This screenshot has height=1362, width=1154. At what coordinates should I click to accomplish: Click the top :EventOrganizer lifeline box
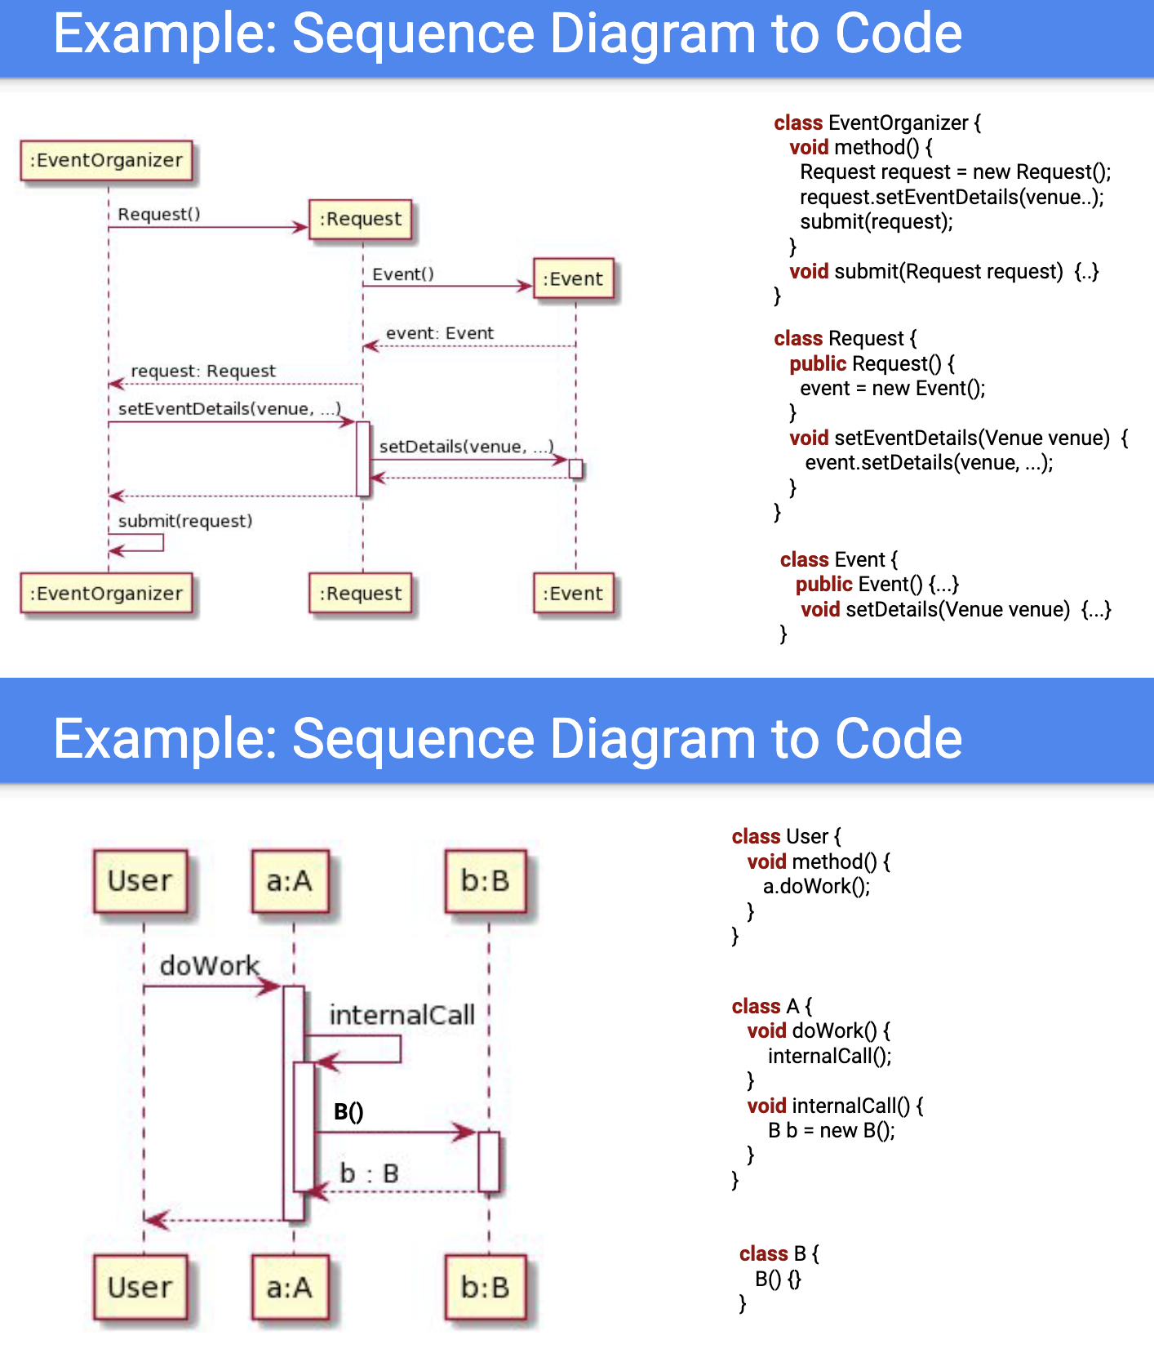[x=107, y=160]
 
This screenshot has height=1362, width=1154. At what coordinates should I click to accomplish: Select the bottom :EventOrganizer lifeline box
[x=107, y=594]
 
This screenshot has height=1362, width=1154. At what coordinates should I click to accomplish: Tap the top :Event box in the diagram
[x=573, y=279]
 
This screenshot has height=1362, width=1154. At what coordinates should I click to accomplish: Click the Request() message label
[x=159, y=214]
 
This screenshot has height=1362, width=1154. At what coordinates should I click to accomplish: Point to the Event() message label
[x=403, y=274]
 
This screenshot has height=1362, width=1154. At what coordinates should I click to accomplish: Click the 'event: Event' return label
[x=440, y=333]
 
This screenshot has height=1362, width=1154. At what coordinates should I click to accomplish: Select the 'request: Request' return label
[x=203, y=371]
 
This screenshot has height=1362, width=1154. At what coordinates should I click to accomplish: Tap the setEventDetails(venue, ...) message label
[x=229, y=408]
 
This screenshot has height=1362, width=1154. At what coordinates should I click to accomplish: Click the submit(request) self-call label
[x=185, y=521]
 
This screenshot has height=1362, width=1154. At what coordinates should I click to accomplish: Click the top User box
[x=140, y=881]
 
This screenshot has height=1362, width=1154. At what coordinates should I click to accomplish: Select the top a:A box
[x=290, y=881]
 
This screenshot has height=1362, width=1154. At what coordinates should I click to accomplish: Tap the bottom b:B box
[x=486, y=1288]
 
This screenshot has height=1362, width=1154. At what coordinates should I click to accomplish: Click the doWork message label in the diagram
[x=209, y=966]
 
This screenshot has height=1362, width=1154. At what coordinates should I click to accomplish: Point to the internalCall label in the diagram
[x=402, y=1015]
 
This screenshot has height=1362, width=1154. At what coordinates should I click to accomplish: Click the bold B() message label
[x=348, y=1112]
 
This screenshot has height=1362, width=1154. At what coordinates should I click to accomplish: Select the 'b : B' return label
[x=369, y=1173]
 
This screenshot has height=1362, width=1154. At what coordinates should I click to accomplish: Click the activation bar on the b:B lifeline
[x=489, y=1162]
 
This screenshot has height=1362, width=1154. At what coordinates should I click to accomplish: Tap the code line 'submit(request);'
[x=876, y=222]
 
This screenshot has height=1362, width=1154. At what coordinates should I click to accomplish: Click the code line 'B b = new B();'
[x=832, y=1131]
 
